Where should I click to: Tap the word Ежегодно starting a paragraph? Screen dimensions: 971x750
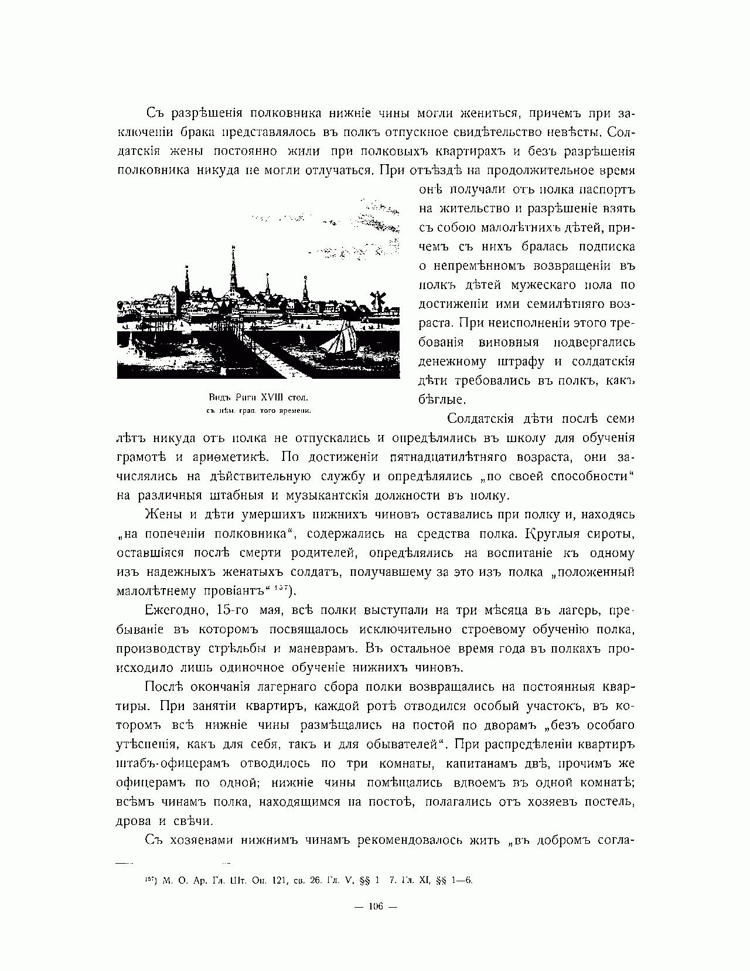[x=174, y=610]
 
